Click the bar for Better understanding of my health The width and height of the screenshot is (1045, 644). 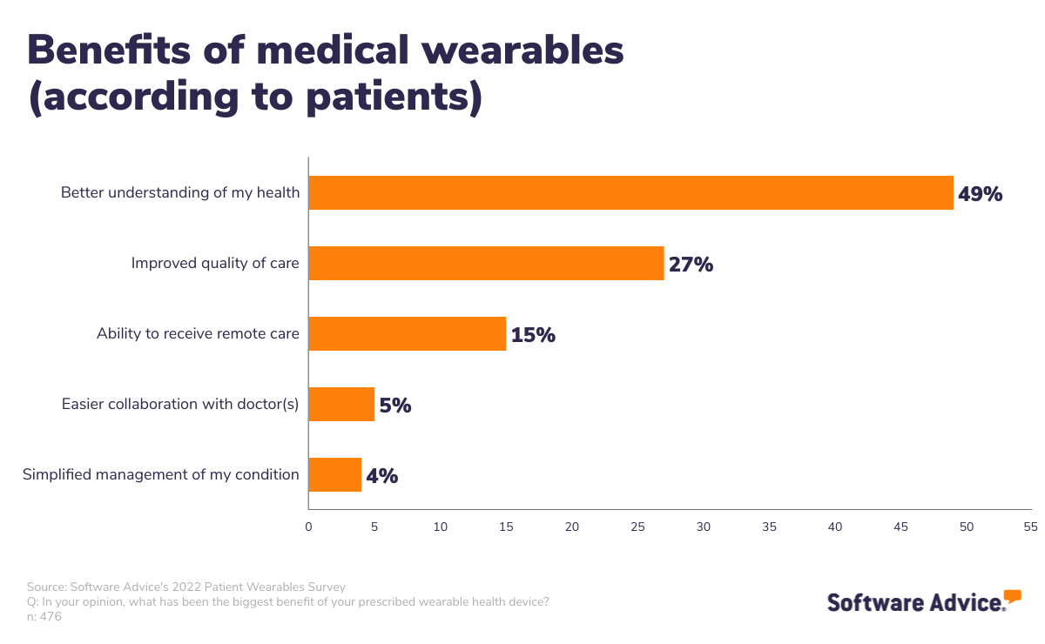630,192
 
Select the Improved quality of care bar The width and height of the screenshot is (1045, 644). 486,263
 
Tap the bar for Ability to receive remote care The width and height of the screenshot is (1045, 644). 407,333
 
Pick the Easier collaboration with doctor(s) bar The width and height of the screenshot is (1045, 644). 341,404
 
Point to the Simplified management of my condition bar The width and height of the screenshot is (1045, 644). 334,474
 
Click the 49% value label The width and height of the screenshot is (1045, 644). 980,194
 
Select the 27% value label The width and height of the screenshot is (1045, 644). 691,265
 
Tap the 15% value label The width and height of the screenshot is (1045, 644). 533,335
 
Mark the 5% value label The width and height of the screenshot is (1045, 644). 395,406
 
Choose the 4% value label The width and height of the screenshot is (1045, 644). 381,476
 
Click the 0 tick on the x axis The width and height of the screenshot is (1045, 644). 308,527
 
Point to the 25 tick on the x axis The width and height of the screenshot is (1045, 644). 637,527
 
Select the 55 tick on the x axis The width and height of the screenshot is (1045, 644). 1031,527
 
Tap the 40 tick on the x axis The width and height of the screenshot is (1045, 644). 835,527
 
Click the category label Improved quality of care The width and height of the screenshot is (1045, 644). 215,263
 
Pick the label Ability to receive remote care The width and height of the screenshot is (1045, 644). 198,333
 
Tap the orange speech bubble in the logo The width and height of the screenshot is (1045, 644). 1012,596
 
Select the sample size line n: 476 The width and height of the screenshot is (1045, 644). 44,616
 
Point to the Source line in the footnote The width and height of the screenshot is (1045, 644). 186,587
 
